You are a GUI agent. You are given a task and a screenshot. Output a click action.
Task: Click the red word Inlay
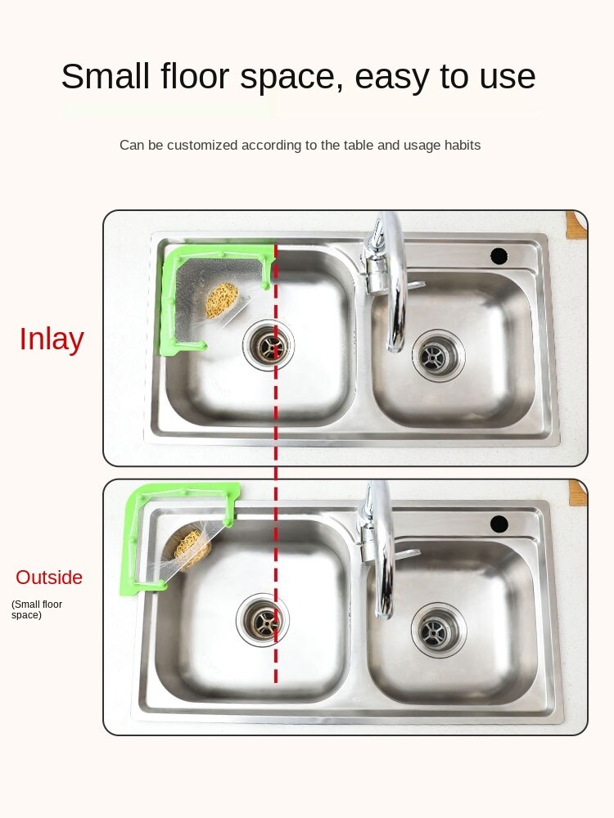[x=52, y=339]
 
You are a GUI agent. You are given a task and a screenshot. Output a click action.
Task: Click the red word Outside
[x=49, y=578]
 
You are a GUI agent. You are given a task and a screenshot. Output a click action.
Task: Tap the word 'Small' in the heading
[x=106, y=77]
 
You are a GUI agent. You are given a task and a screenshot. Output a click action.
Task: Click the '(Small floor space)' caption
[x=36, y=609]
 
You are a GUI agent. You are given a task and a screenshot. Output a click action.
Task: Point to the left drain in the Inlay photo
[x=268, y=345]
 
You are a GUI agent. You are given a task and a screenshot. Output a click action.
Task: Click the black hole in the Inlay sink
[x=499, y=255]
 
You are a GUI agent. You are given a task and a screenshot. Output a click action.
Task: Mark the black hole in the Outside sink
[x=499, y=524]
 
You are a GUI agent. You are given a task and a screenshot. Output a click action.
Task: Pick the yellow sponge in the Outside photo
[x=192, y=548]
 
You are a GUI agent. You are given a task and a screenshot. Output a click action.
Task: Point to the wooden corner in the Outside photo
[x=577, y=492]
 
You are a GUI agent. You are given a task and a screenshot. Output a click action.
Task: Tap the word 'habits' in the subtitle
[x=461, y=146]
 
